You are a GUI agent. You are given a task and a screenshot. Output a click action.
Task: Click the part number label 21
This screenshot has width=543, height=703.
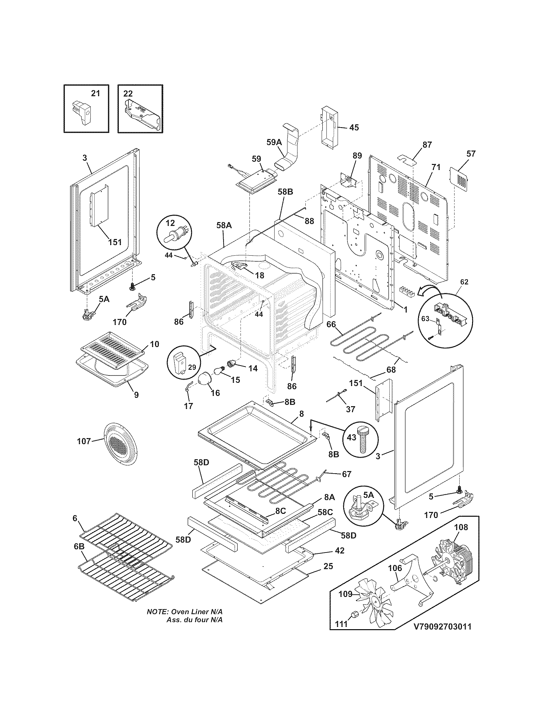click(96, 93)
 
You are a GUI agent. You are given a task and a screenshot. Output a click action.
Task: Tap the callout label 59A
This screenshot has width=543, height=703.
click(274, 142)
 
